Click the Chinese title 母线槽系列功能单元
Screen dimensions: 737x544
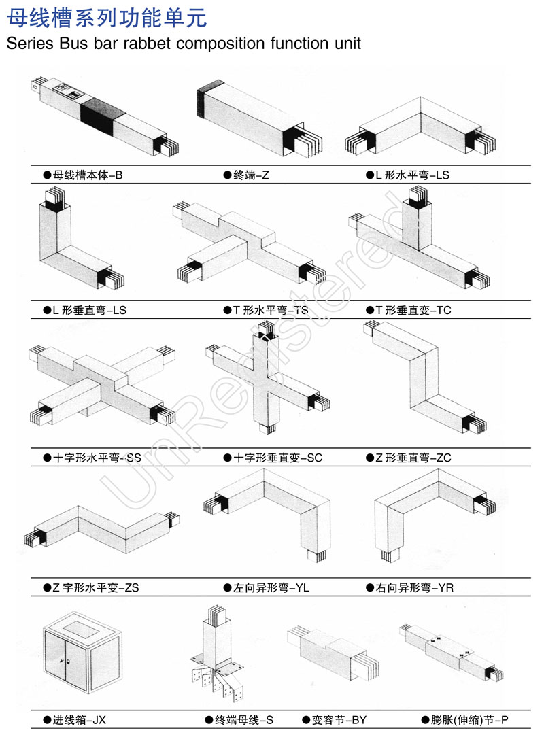(x=107, y=18)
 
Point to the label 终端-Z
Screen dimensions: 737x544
(x=251, y=175)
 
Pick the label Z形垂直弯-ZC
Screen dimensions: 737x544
(x=413, y=458)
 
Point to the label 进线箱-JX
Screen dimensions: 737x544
(x=79, y=719)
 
